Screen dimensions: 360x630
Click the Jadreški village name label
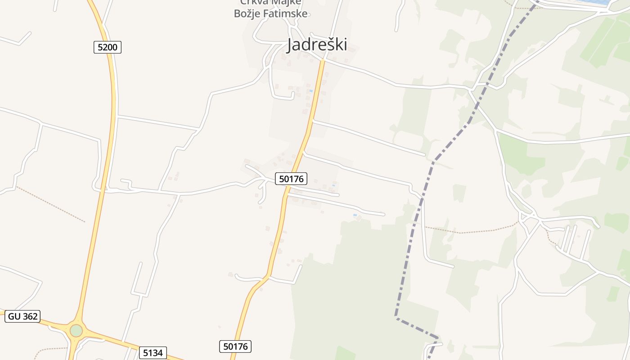tap(317, 45)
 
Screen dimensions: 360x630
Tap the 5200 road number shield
tap(108, 47)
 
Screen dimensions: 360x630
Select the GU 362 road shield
tap(23, 316)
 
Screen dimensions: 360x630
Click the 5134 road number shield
tap(153, 353)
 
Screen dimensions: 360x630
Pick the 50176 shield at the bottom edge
tap(235, 346)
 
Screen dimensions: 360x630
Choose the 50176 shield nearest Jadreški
tap(291, 179)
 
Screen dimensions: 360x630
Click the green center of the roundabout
tap(76, 331)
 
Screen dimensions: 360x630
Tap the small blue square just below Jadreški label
tap(310, 91)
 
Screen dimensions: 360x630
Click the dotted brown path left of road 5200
tap(49, 203)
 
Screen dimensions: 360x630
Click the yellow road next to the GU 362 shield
tap(49, 321)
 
